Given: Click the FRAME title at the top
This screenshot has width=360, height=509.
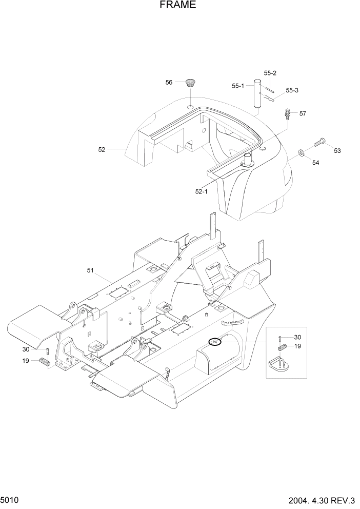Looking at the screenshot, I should pyautogui.click(x=177, y=5).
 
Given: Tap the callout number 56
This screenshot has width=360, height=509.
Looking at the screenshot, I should pyautogui.click(x=169, y=82).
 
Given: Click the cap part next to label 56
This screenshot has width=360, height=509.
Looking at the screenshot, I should pyautogui.click(x=191, y=83).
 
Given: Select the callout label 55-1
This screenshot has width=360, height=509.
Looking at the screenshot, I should pyautogui.click(x=238, y=86).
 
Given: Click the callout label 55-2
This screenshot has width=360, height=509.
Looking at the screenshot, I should pyautogui.click(x=270, y=73).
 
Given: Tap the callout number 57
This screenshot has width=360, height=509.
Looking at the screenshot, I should pyautogui.click(x=303, y=113).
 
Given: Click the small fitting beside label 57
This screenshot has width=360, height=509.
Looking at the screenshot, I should pyautogui.click(x=287, y=112).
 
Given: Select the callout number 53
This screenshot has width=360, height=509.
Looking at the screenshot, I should pyautogui.click(x=337, y=151).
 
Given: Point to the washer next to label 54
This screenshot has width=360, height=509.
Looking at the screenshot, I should pyautogui.click(x=299, y=153).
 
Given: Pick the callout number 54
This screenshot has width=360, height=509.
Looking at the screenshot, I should pyautogui.click(x=316, y=163).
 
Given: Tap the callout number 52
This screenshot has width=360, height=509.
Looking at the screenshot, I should pyautogui.click(x=102, y=150).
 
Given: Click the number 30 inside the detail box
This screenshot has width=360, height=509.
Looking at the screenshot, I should pyautogui.click(x=298, y=337).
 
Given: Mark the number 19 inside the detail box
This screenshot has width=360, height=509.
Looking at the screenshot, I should pyautogui.click(x=298, y=346).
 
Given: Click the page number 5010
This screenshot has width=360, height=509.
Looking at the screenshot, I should pyautogui.click(x=10, y=499).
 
